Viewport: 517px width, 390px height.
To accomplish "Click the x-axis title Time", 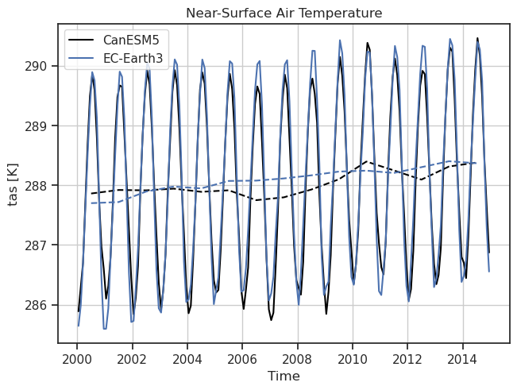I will coord(284,376).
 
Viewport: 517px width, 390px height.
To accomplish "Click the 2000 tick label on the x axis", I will coord(76,357).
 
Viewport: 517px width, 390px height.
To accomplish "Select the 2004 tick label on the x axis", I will coord(187,357).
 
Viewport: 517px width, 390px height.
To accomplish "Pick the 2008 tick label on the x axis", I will coord(297,357).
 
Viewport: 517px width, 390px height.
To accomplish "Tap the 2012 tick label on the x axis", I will coord(407,357).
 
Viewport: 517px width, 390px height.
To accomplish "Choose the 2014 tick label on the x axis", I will coord(463,357).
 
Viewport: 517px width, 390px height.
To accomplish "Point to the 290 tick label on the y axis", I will coord(37,66).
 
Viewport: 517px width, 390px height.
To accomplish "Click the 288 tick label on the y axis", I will coord(37,186).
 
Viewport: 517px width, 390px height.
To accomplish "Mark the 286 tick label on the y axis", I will coord(37,305).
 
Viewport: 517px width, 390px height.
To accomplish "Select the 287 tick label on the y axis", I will coord(37,245).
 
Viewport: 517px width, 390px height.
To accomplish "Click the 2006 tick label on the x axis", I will coord(242,357).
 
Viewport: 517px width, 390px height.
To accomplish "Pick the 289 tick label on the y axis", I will coord(37,125).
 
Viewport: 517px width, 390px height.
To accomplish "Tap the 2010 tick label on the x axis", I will coord(353,357).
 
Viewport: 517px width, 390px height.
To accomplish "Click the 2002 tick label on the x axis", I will coord(132,357).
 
